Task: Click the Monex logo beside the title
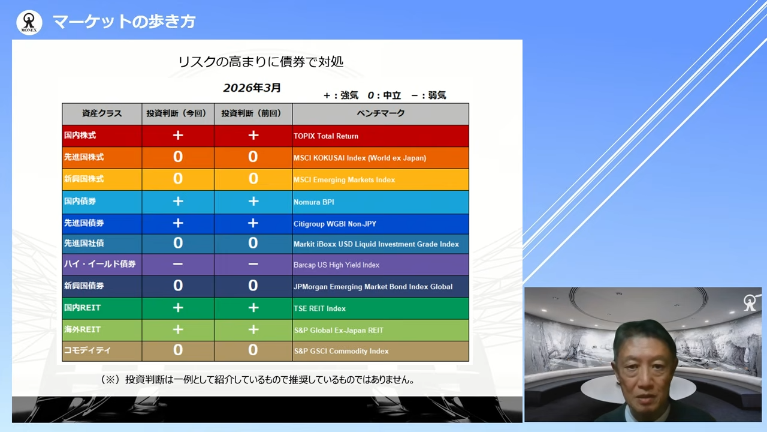[29, 22]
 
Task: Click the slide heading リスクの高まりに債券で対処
[261, 62]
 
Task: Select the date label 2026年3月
[252, 88]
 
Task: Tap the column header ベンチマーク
[381, 113]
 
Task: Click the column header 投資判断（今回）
[177, 113]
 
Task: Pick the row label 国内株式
[80, 136]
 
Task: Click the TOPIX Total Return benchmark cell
[326, 136]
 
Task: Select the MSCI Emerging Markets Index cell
[344, 180]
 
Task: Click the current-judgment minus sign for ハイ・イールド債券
[178, 265]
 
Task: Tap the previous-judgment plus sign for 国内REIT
[253, 308]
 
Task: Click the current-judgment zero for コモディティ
[178, 350]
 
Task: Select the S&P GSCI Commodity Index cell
[341, 351]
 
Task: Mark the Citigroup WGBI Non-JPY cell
[334, 224]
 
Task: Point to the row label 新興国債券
[84, 286]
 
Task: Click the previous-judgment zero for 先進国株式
[253, 157]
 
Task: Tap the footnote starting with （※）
[258, 380]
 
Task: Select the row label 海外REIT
[83, 329]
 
